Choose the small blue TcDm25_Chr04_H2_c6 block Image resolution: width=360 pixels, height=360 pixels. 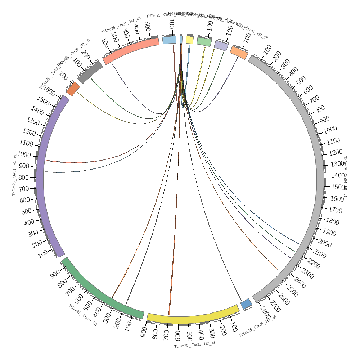(x=246, y=303)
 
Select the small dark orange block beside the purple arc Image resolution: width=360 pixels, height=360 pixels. (x=73, y=89)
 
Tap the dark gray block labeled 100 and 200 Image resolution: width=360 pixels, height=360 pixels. (x=90, y=72)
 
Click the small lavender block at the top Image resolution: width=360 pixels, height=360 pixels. (x=221, y=45)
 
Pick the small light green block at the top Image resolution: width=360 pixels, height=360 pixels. (x=204, y=41)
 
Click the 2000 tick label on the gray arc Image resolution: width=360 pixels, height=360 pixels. (x=325, y=244)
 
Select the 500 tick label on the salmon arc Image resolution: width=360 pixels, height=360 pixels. (x=147, y=26)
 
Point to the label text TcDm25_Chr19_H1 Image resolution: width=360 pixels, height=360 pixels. (x=83, y=315)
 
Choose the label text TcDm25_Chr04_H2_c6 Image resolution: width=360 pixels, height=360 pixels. (x=258, y=327)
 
